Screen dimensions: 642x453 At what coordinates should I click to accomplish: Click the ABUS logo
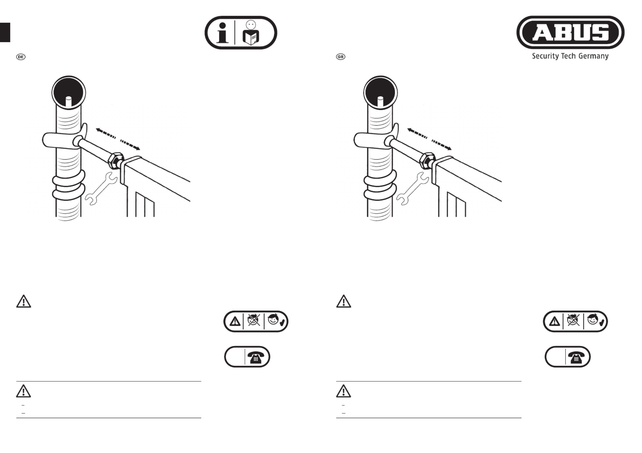(570, 32)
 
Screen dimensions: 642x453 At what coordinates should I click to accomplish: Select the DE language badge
(21, 57)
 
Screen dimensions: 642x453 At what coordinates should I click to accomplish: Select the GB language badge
(340, 57)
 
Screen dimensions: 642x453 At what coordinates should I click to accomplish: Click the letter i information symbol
(222, 33)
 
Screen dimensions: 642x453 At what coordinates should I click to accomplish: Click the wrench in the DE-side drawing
(101, 188)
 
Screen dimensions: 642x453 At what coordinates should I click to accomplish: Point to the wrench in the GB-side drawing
(413, 188)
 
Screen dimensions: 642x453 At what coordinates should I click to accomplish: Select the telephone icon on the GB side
(576, 357)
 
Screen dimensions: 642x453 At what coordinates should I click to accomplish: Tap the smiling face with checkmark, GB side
(595, 320)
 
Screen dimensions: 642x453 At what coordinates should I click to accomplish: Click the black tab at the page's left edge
(5, 32)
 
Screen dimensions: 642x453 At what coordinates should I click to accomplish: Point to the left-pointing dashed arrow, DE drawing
(106, 133)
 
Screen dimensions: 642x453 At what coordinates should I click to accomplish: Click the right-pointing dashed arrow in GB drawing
(441, 145)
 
